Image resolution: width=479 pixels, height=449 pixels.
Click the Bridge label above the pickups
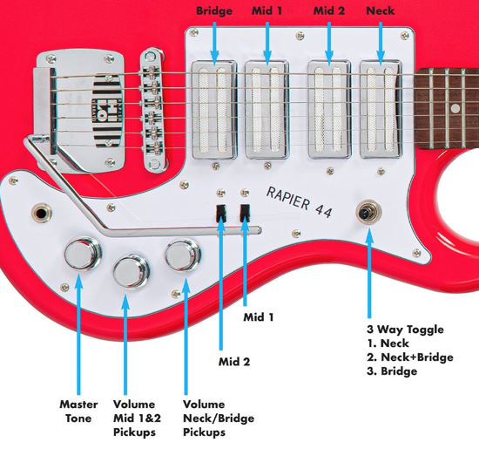[214, 10]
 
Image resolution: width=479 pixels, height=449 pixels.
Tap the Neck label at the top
[381, 10]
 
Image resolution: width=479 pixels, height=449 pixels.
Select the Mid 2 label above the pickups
[329, 10]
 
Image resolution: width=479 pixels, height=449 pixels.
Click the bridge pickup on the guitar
[215, 109]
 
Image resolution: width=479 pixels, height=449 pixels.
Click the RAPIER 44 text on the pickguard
[298, 201]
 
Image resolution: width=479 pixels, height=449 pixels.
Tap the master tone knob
[81, 254]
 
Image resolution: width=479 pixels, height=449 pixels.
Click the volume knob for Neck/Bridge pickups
[181, 256]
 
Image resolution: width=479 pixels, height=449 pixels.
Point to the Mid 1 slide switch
[246, 210]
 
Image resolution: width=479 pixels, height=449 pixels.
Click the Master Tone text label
[78, 411]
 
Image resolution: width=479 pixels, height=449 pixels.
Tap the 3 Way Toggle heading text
[406, 330]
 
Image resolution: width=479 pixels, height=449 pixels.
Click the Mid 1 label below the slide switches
[259, 317]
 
